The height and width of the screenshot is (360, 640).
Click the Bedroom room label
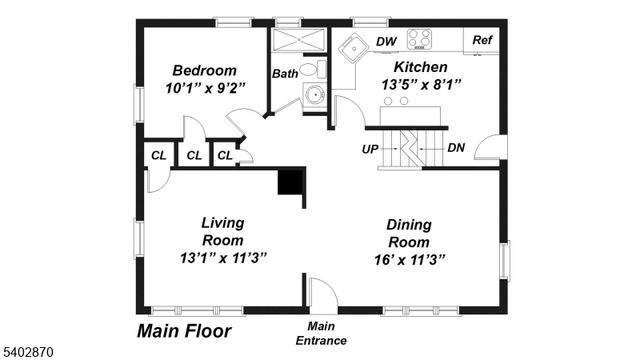tap(204, 70)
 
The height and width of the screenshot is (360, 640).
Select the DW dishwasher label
tap(386, 41)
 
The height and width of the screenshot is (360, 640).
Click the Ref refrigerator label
tap(483, 40)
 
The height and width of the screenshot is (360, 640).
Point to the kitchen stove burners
tap(420, 39)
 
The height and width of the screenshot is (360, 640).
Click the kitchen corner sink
tap(352, 47)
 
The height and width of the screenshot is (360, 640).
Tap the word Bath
tap(285, 73)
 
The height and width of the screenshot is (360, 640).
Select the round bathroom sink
tap(314, 97)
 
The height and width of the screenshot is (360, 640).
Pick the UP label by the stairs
tap(369, 148)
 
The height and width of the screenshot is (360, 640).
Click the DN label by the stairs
tap(456, 148)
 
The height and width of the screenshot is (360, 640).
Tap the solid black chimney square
tap(290, 182)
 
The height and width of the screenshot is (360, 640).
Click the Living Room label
tap(222, 231)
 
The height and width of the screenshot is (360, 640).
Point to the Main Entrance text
tap(321, 333)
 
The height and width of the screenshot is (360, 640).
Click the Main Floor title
tap(184, 330)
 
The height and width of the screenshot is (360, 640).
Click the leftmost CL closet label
tap(158, 155)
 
